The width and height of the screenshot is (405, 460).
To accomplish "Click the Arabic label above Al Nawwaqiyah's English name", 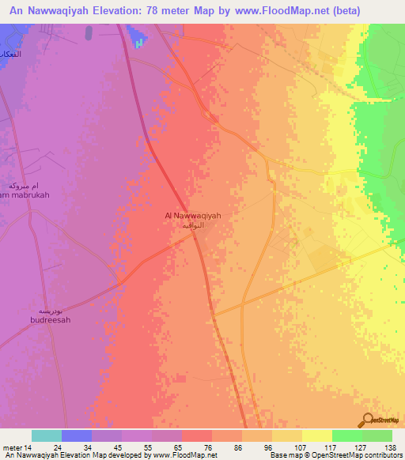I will pos(193,225).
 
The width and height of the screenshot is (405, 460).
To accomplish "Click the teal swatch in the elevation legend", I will pos(46,435).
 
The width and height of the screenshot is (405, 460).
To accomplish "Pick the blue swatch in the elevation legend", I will pos(76,435).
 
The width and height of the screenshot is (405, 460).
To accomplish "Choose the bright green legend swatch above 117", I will pos(346,435).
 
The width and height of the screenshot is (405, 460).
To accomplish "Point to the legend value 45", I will pos(105,447).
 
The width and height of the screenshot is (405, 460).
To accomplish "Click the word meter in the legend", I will pos(13,447).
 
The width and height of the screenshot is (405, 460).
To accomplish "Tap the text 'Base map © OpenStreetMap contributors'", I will pos(334,455).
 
